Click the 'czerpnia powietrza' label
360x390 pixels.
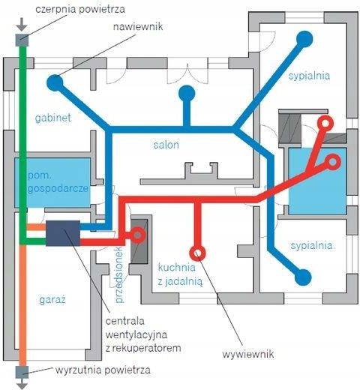point(80,10)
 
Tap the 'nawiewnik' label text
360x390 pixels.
point(138,26)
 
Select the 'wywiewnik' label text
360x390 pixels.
point(248,354)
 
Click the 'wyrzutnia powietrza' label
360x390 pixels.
point(103,370)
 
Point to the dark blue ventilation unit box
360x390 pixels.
point(63,233)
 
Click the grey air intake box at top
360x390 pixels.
point(22,40)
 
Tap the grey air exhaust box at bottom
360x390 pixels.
point(22,372)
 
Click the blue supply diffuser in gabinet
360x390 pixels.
point(55,82)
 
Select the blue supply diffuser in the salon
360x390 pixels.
point(187,93)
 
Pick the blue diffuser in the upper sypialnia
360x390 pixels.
point(304,39)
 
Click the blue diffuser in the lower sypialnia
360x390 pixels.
point(303,277)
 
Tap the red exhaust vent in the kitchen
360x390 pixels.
point(197,253)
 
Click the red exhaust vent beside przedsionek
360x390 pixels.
point(137,235)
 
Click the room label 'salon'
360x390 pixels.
point(166,145)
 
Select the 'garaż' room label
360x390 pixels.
point(52,299)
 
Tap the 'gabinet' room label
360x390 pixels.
point(53,118)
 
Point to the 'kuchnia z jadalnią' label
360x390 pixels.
point(180,274)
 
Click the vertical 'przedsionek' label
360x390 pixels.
point(120,274)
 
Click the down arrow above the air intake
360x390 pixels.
point(22,24)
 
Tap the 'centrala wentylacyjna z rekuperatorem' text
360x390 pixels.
point(143,334)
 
